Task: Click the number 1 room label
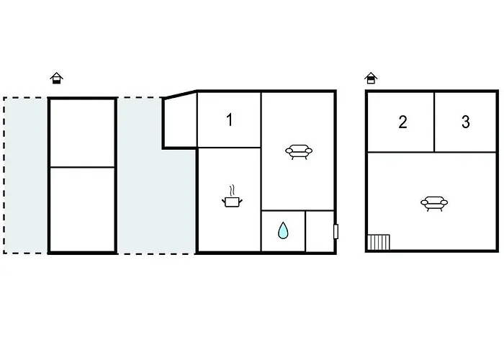[x=229, y=120]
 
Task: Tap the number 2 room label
[x=402, y=122]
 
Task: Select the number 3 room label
[x=466, y=122]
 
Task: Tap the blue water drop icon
[x=283, y=230]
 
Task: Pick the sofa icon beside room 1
[x=299, y=152]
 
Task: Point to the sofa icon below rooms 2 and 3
[x=434, y=204]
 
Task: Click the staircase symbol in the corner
[x=379, y=242]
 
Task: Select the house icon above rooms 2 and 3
[x=371, y=78]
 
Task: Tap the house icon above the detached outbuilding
[x=57, y=78]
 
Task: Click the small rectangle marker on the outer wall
[x=336, y=232]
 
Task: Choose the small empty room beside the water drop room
[x=320, y=231]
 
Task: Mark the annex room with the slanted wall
[x=181, y=120]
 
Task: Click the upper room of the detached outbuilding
[x=83, y=133]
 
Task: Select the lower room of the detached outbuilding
[x=83, y=210]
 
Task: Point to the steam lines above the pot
[x=232, y=191]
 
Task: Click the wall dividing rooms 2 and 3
[x=434, y=122]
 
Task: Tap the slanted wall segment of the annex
[x=180, y=94]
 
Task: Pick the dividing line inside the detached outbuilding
[x=83, y=167]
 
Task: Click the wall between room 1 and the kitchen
[x=229, y=148]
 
